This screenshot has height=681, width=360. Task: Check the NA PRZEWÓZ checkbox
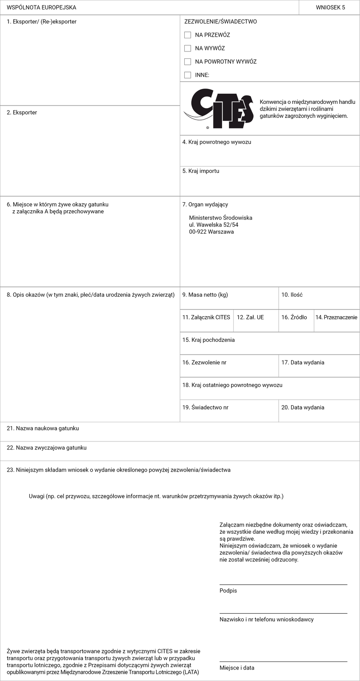[x=188, y=35]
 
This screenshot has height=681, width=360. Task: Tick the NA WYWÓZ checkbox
[x=188, y=49]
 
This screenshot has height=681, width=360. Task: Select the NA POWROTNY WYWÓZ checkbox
[x=188, y=62]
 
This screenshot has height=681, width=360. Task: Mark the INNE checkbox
[x=188, y=75]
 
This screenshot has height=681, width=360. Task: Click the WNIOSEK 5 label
[x=331, y=8]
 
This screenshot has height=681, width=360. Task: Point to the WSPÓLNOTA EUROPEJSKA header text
[x=41, y=8]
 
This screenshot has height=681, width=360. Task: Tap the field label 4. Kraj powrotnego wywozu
[x=217, y=142]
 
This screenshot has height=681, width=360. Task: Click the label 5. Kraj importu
[x=201, y=171]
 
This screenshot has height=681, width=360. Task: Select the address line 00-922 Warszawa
[x=211, y=232]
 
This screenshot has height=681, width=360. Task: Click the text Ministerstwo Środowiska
[x=220, y=218]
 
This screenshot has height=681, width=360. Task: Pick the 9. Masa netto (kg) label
[x=205, y=295]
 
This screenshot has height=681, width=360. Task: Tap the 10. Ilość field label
[x=292, y=295]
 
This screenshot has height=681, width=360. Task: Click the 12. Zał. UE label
[x=250, y=318]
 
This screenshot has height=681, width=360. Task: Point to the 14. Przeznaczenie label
[x=336, y=318]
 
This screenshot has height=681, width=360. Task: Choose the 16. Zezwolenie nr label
[x=204, y=363]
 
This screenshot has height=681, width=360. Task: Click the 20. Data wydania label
[x=303, y=408]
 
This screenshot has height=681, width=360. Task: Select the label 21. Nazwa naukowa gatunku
[x=43, y=429]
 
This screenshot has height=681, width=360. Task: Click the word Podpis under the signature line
[x=228, y=591]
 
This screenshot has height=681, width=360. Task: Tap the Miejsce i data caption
[x=237, y=668]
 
